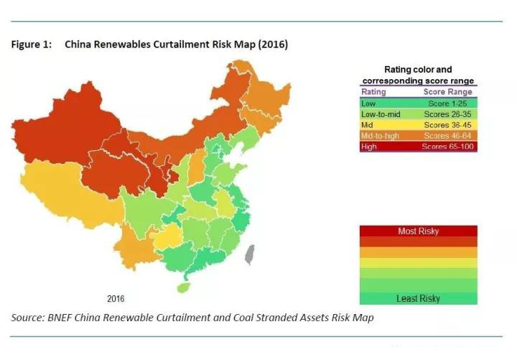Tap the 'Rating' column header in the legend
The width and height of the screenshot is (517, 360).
tap(373, 92)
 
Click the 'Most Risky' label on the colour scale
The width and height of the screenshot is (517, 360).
tap(418, 231)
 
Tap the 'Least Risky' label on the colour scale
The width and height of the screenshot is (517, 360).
tap(418, 298)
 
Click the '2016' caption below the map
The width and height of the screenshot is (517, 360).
tap(116, 298)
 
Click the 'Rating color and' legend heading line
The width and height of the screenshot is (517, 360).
tap(418, 70)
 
